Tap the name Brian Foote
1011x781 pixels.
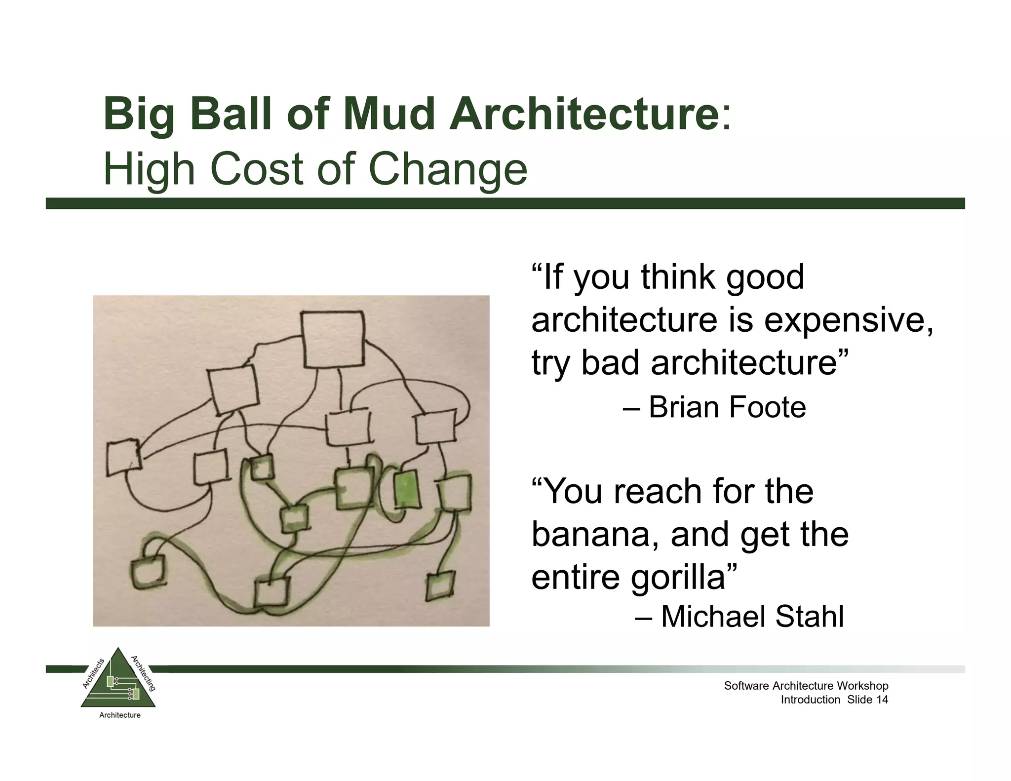727,407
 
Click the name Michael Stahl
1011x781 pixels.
752,617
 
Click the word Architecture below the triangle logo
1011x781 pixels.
120,715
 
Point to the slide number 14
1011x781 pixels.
882,700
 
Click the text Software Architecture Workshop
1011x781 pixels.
806,686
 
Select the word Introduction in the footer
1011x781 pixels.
810,700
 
